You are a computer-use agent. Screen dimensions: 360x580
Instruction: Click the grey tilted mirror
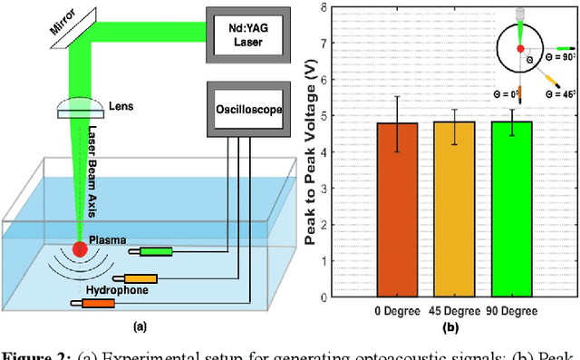coord(77,28)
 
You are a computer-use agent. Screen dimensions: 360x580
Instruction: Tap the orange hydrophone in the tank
coord(92,304)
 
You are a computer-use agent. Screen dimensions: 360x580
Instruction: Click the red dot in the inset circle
coord(519,48)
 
